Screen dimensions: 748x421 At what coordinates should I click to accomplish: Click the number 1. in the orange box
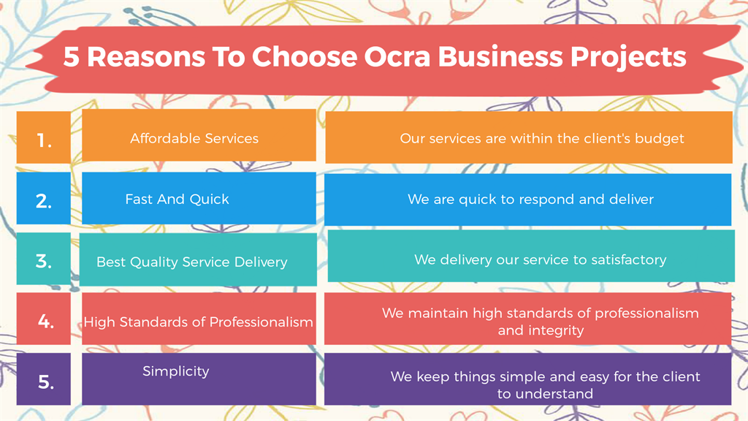click(45, 140)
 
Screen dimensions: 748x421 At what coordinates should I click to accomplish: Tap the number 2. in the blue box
click(44, 201)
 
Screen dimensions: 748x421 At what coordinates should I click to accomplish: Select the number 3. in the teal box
click(44, 261)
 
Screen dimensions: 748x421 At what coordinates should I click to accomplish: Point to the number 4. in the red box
click(46, 322)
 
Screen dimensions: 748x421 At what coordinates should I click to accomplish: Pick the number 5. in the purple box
click(46, 382)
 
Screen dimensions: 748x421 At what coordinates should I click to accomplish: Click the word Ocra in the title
click(397, 56)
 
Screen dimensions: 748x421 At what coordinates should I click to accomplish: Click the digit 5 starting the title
click(71, 56)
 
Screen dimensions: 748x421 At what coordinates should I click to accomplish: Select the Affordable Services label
click(194, 138)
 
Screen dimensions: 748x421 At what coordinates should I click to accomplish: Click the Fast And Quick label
click(177, 199)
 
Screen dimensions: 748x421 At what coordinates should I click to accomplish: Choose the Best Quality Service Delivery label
click(192, 262)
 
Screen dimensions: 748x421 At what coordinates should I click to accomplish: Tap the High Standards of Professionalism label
click(199, 322)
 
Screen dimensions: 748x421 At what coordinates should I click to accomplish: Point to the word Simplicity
click(176, 371)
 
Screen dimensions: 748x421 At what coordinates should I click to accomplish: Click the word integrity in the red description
click(555, 330)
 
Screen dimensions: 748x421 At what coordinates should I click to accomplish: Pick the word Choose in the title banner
click(305, 56)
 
